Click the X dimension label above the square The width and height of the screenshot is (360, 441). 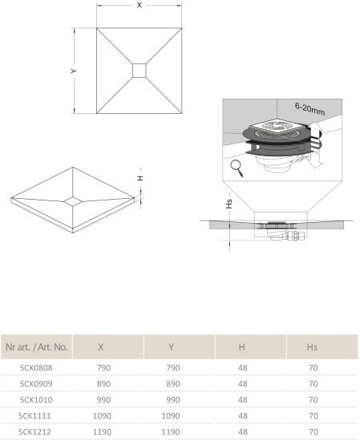point(140,5)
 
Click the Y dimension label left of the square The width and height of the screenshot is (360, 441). point(74,71)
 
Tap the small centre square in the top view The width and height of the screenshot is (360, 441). point(140,71)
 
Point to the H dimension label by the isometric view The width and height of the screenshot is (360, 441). point(140,178)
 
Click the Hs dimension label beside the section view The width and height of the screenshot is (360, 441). point(229,204)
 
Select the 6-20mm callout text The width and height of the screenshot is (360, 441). point(310,109)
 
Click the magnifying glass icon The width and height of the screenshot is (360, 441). point(237,168)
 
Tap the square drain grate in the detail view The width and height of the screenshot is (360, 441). point(276,128)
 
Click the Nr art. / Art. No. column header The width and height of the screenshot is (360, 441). point(37,347)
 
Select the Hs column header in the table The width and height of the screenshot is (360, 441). point(312,347)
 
